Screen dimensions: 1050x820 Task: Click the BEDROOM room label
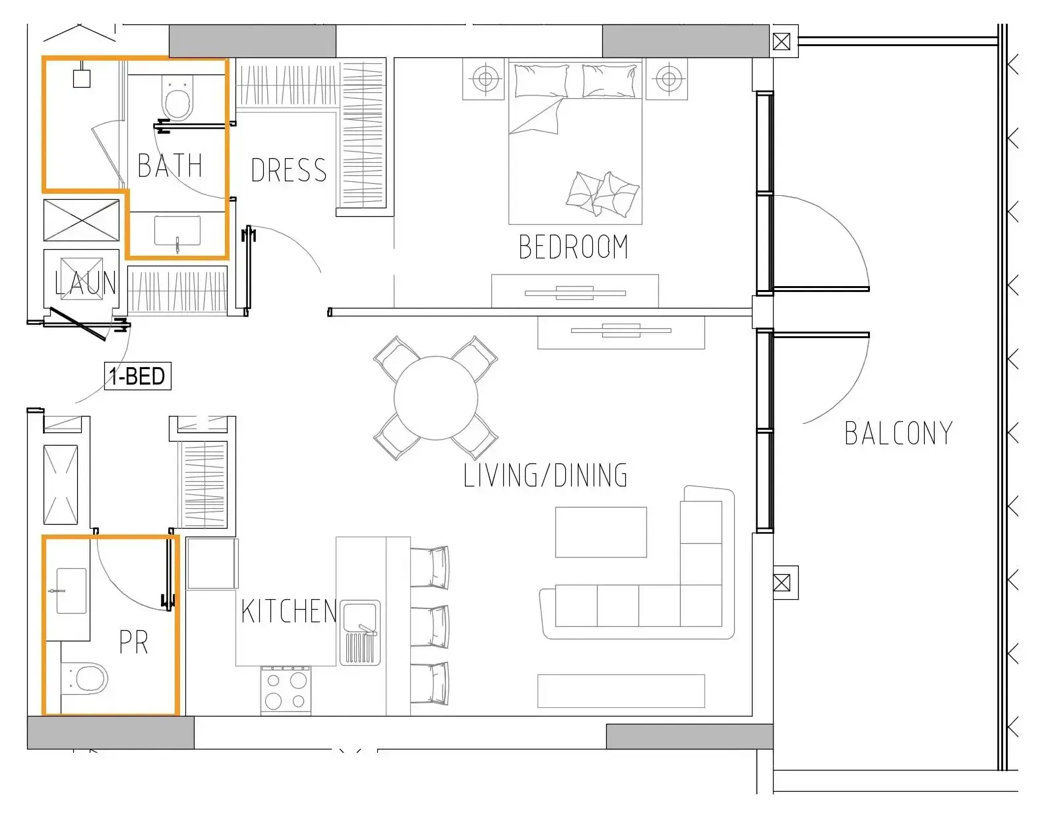coord(573,247)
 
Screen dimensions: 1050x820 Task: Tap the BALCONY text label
coord(899,433)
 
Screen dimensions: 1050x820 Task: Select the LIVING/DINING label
coord(545,475)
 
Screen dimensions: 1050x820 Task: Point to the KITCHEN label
coord(288,611)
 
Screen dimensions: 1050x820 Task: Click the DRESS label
coord(289,170)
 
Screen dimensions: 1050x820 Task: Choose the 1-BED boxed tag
coord(138,376)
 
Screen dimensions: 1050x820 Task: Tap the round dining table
coord(436,398)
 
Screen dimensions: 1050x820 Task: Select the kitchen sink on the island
coord(360,633)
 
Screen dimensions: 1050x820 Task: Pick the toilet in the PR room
coord(84,678)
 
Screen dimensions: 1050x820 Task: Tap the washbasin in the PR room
coord(71,591)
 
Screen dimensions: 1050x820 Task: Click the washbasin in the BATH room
coord(177,231)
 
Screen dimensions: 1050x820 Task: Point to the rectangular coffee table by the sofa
coord(601,532)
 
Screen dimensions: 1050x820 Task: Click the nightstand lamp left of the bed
coord(485,78)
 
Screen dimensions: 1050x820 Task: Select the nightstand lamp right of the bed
coord(668,78)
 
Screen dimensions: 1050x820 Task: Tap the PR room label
coord(133,642)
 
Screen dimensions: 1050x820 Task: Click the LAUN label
coord(86,283)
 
